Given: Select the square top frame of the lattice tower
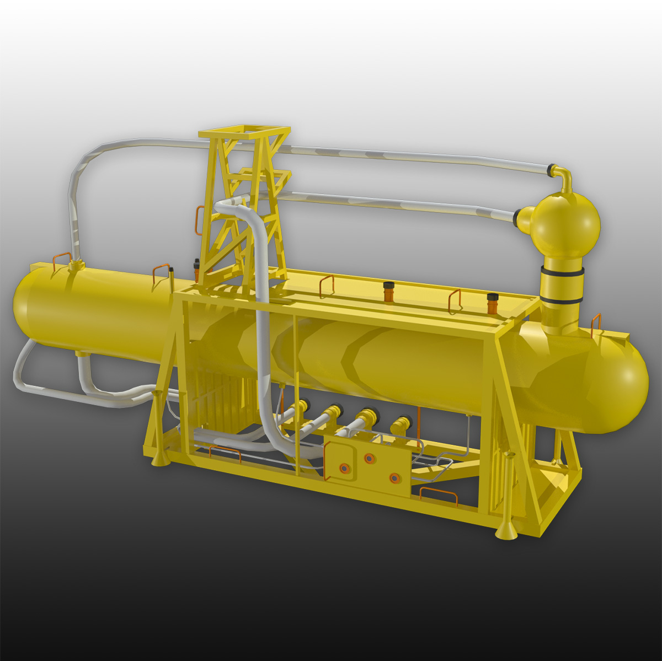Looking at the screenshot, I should coord(244,132).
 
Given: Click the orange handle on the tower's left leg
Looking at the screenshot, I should coord(198,221).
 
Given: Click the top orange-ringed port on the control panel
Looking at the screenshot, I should coord(369,458).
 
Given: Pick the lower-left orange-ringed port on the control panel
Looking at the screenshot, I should coord(344,468).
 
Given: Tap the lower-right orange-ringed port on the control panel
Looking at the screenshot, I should coord(394,478).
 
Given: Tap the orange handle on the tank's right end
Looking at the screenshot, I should coord(596,324).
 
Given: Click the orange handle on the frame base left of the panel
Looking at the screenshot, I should coord(225,452).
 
